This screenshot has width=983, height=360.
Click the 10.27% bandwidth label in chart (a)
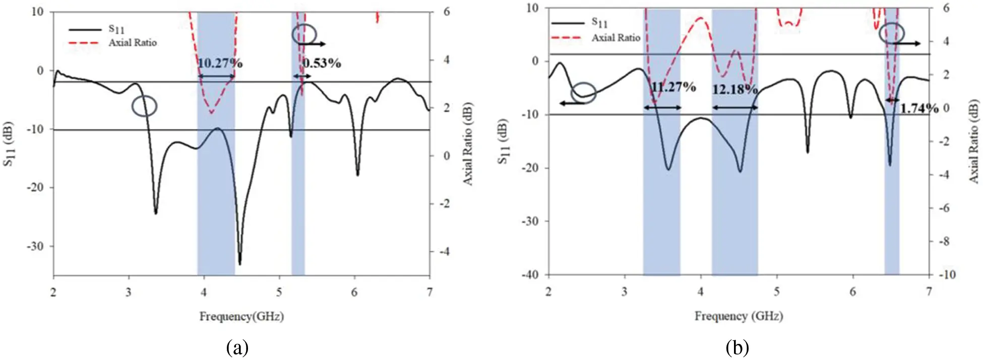coord(220,63)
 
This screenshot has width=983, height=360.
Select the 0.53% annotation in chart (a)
coord(322,63)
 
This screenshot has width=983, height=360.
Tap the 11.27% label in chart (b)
coord(673,87)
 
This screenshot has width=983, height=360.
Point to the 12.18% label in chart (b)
coord(734,90)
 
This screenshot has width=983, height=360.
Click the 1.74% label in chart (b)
coord(919,108)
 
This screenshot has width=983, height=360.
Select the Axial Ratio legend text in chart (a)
coord(133,43)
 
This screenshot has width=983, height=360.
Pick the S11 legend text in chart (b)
coord(599,22)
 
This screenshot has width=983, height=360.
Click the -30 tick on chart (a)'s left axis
coord(35,246)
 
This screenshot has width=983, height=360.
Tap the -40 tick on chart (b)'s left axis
coord(530,275)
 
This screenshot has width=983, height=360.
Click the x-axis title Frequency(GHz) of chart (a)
coord(241,317)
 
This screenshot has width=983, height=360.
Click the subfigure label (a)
coord(237,347)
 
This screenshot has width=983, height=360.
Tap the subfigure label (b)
coord(738,347)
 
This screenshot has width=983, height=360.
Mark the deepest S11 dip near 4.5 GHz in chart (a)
coord(240,263)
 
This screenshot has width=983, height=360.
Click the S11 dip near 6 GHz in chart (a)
coord(357,174)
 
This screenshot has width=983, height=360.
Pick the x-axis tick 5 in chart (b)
coord(777,291)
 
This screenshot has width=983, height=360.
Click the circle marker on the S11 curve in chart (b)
coord(583,93)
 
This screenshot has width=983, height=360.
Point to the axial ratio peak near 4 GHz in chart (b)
coord(701,18)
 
